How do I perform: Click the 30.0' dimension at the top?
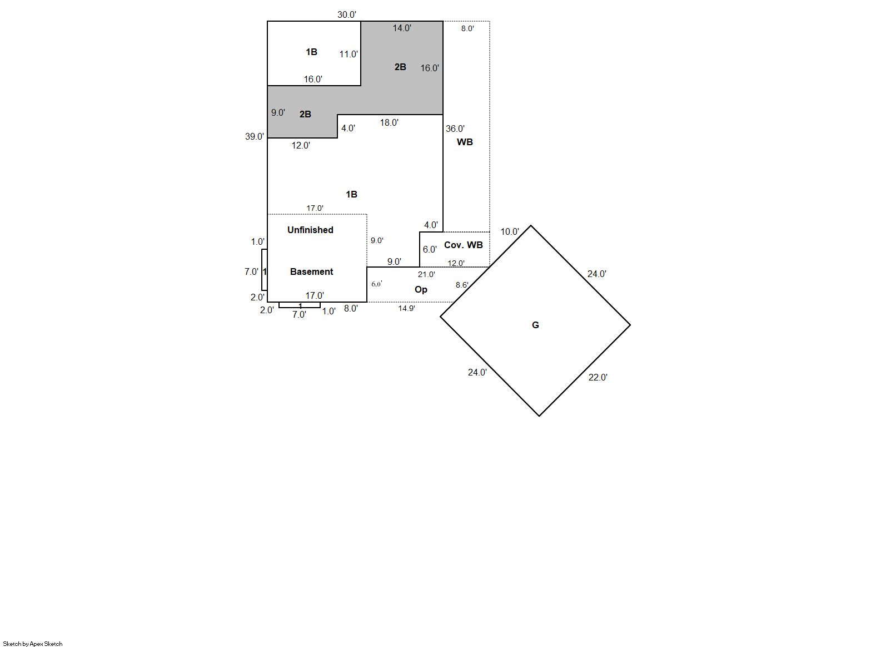click(346, 14)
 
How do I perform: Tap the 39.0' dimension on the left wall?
click(255, 136)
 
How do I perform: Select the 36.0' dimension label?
click(455, 129)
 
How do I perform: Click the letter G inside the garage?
click(535, 325)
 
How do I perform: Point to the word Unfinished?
click(310, 230)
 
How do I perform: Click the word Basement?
click(311, 271)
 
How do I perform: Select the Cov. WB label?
click(464, 245)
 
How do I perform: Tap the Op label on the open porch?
click(421, 290)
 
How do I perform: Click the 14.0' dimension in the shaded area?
click(402, 28)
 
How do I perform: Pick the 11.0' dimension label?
click(349, 55)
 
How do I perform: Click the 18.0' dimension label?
click(389, 123)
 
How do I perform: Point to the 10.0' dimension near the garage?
click(510, 232)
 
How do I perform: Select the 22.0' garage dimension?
click(598, 377)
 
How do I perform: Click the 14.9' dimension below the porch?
click(407, 308)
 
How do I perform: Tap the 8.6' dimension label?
click(462, 285)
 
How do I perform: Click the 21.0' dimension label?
click(426, 274)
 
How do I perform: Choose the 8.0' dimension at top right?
click(467, 28)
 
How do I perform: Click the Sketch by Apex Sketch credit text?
click(33, 644)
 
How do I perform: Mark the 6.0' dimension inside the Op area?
click(377, 284)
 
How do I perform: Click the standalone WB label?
click(465, 142)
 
